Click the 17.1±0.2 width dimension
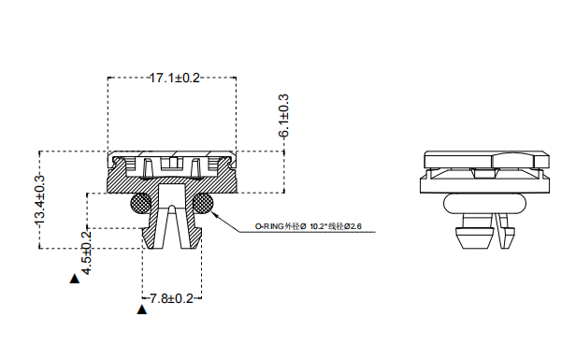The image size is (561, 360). click(x=175, y=78)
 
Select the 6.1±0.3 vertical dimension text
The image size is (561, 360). click(x=283, y=117)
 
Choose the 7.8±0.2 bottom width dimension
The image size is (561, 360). click(x=171, y=298)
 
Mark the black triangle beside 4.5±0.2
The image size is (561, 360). click(x=75, y=278)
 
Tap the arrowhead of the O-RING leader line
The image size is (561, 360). click(x=216, y=214)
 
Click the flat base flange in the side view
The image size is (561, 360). click(x=483, y=183)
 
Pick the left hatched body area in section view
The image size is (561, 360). click(x=126, y=178)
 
